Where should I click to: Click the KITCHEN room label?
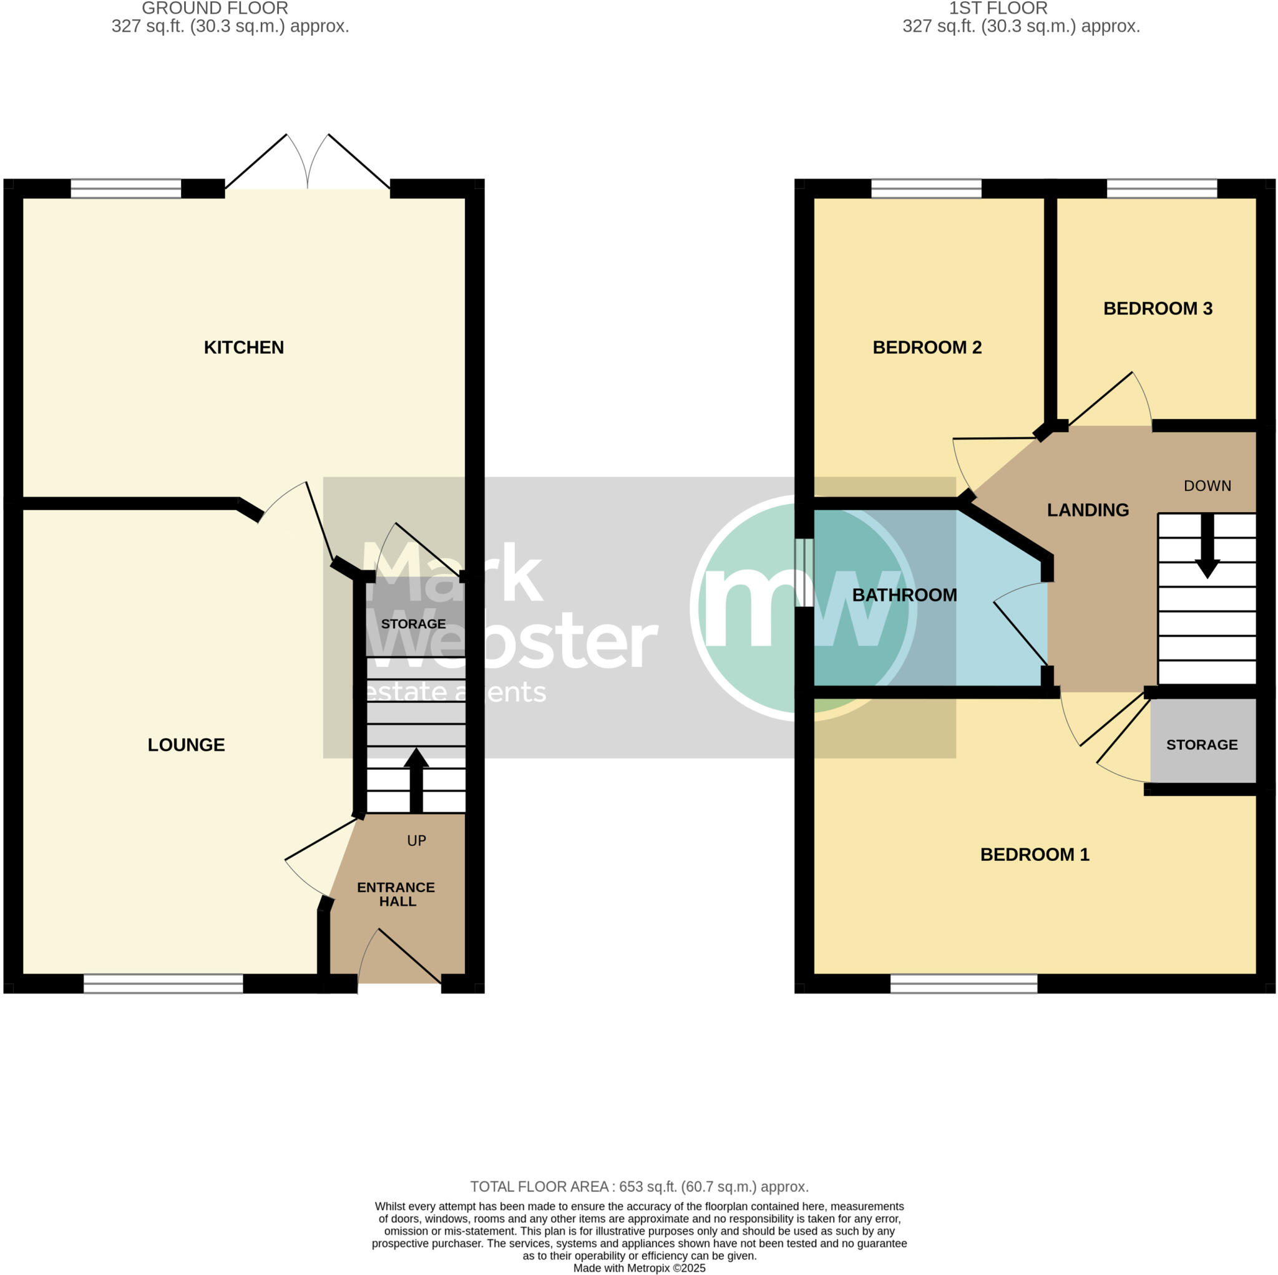[243, 347]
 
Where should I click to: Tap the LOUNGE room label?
[186, 745]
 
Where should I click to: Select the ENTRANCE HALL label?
[396, 894]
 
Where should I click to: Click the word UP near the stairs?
[416, 840]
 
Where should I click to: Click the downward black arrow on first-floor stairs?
[1207, 546]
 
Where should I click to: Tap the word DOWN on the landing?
[1207, 486]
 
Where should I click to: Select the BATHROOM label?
[904, 595]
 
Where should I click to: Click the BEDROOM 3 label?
[1158, 308]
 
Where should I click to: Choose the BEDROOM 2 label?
[927, 347]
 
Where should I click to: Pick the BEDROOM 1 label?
[1035, 855]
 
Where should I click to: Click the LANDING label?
[1088, 510]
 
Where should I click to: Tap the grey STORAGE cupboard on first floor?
[1202, 744]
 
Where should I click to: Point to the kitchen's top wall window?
[125, 189]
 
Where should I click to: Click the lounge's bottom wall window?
[163, 983]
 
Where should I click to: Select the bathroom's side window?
[804, 573]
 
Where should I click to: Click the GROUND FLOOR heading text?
[215, 9]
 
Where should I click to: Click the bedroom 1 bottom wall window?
[963, 983]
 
